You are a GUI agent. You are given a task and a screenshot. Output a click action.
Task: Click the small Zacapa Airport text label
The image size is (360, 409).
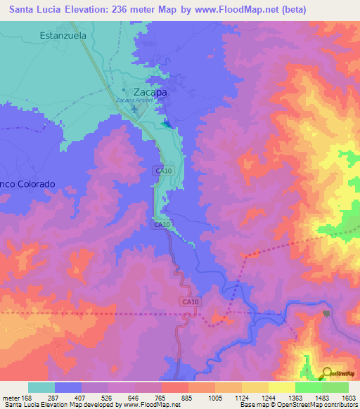pyautogui.click(x=134, y=100)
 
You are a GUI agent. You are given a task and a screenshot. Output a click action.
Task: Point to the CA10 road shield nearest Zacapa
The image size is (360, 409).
pyautogui.click(x=163, y=171)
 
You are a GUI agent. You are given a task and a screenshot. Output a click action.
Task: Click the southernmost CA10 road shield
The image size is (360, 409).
pyautogui.click(x=189, y=302)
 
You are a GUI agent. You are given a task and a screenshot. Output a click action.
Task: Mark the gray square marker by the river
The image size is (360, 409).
pyautogui.click(x=325, y=314)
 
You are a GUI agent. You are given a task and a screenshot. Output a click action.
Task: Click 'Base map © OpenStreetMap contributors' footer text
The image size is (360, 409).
pyautogui.click(x=297, y=405)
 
